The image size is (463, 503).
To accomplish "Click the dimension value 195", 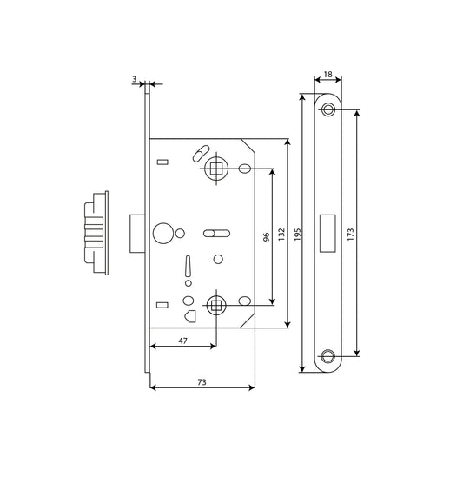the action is click(297, 235).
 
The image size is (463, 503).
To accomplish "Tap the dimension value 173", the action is click(351, 235).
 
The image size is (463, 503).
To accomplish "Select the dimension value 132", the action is click(281, 235).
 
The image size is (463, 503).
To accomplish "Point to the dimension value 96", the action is click(266, 237).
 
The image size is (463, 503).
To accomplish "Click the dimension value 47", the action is click(182, 341).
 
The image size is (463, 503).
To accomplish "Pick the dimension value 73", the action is click(202, 382).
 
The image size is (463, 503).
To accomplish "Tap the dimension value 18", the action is click(327, 75).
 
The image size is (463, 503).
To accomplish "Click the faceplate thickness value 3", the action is click(134, 78).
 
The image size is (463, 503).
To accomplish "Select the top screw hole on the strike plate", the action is click(327, 109).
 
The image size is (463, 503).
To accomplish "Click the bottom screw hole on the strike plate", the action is click(327, 356).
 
